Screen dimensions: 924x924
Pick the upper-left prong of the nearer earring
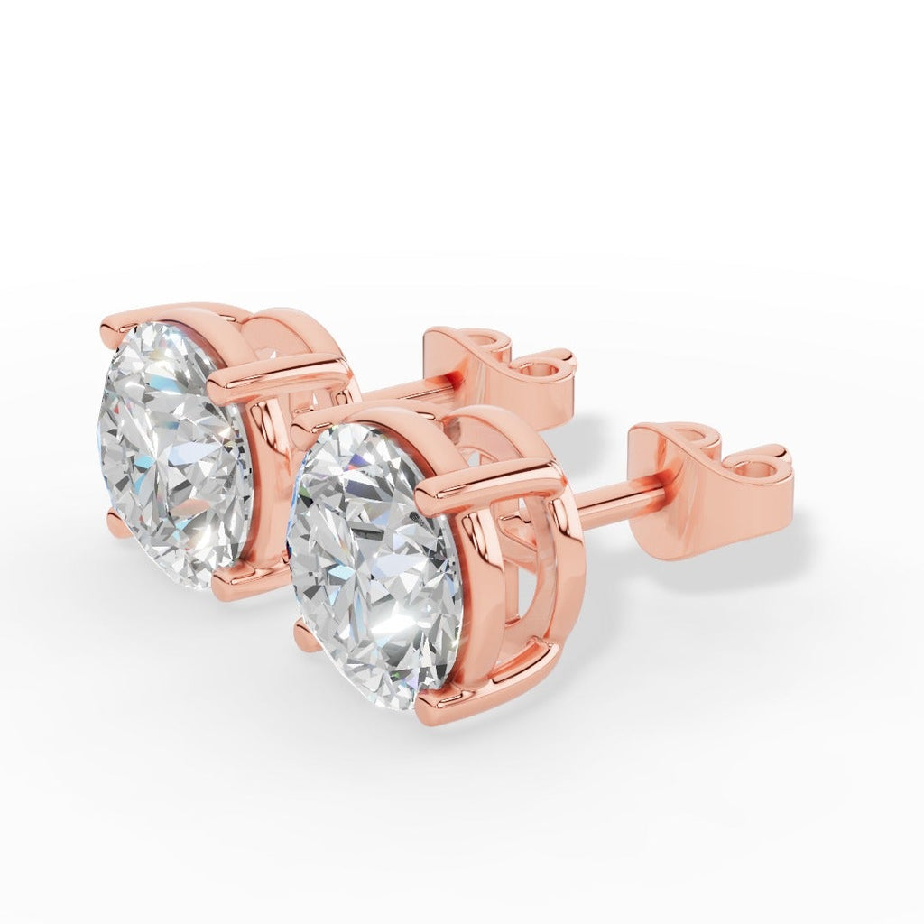[311, 419]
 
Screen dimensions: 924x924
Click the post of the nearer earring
[618, 501]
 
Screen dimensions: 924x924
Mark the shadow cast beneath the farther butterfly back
[577, 433]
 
